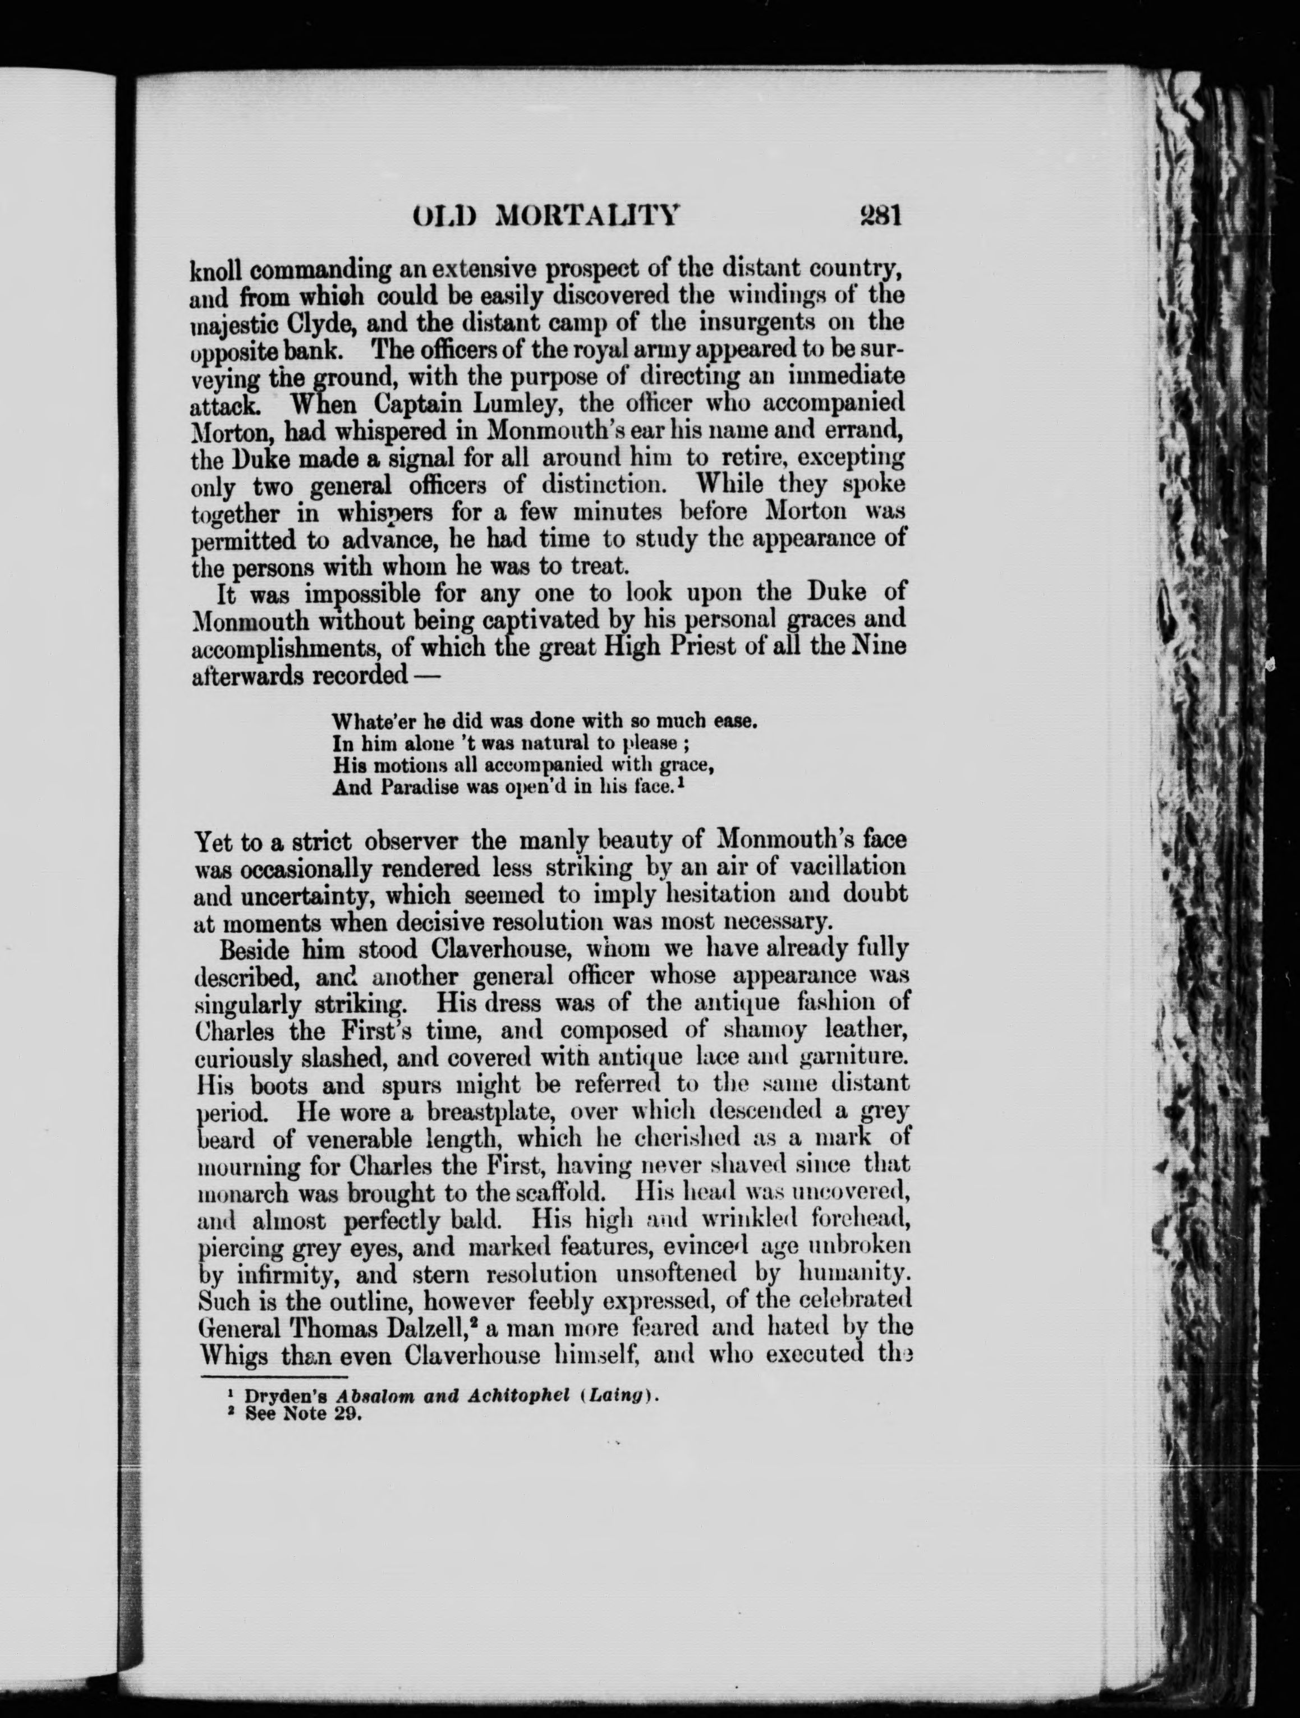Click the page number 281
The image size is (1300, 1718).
point(878,215)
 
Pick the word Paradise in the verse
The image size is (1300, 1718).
point(406,788)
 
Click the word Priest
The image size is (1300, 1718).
point(704,647)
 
